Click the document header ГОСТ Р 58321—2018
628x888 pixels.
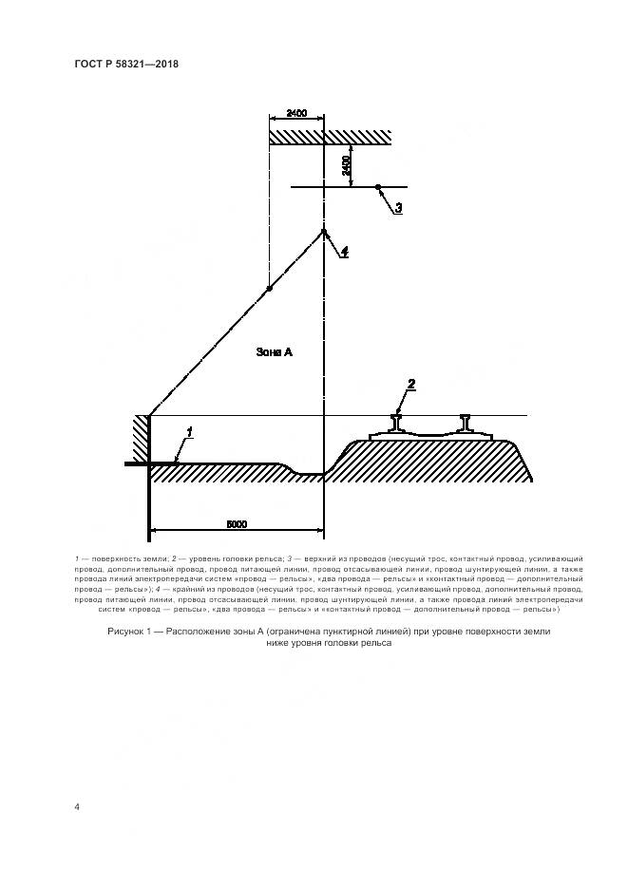126,65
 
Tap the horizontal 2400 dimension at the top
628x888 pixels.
295,114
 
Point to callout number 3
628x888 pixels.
399,207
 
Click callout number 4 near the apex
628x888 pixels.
344,252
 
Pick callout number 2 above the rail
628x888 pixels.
411,384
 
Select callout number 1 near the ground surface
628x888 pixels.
190,432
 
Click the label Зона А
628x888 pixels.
275,351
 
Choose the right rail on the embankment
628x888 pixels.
468,424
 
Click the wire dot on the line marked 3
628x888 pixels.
378,187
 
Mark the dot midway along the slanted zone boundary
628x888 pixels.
269,288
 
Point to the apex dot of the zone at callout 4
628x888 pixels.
324,231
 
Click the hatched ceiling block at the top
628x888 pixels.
329,137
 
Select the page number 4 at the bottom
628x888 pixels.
77,806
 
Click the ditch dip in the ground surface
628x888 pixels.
307,473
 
